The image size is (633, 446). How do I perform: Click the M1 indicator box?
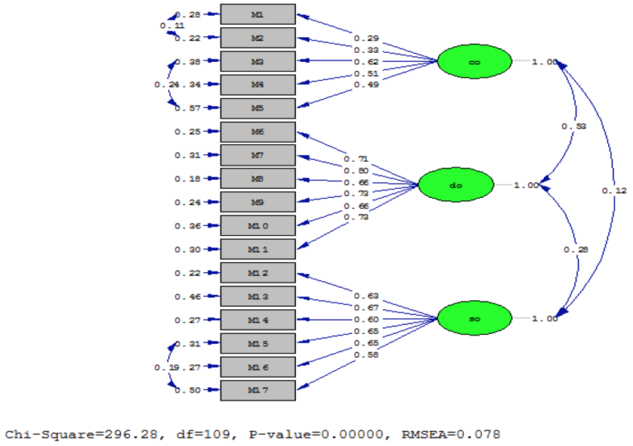257,14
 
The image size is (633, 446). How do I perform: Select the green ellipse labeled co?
474,62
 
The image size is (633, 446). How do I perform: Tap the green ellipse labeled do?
456,185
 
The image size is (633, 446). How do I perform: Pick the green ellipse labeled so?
474,319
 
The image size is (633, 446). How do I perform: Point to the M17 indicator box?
257,390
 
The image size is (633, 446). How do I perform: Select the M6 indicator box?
257,132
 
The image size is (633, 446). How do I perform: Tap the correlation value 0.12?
614,190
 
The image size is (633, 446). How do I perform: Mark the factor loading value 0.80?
356,171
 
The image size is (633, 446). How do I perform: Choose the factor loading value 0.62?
366,61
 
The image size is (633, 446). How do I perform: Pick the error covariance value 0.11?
171,26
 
